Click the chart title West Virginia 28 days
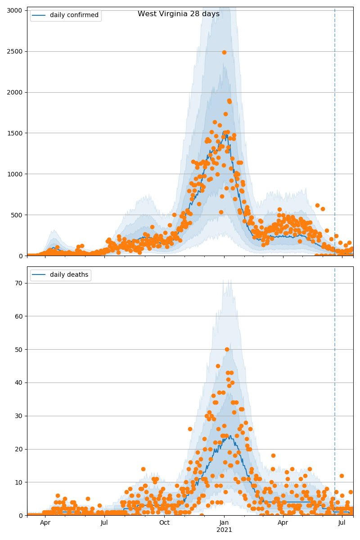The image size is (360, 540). click(x=179, y=14)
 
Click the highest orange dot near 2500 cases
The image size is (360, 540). click(x=224, y=52)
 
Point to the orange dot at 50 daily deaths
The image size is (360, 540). click(x=227, y=349)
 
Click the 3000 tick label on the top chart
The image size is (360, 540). click(x=16, y=10)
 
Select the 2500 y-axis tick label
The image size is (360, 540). click(x=16, y=51)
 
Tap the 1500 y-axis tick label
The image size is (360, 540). click(x=16, y=133)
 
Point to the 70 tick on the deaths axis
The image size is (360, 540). click(x=20, y=283)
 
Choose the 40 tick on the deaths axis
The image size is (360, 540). click(x=20, y=382)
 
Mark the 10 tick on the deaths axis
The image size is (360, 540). click(x=20, y=482)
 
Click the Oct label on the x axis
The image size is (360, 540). click(x=164, y=523)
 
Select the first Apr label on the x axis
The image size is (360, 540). click(x=45, y=523)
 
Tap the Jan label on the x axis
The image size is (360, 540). click(x=224, y=523)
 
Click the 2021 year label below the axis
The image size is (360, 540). click(x=224, y=530)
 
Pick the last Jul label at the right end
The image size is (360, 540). click(x=342, y=523)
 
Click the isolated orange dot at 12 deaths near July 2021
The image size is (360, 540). click(x=342, y=476)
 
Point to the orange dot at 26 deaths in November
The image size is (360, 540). click(x=190, y=429)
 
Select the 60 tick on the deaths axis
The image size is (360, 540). click(x=20, y=316)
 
